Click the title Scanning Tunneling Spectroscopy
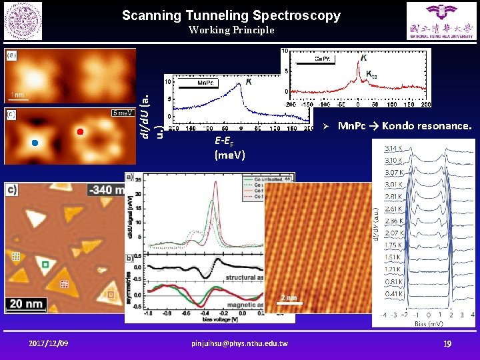[x=231, y=15]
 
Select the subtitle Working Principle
[x=231, y=30]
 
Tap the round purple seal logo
[x=23, y=21]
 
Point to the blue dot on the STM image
[x=35, y=143]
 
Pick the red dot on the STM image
[x=80, y=131]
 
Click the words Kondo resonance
[x=427, y=125]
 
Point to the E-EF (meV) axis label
[x=230, y=148]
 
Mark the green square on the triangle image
[x=45, y=265]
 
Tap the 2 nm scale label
[x=288, y=297]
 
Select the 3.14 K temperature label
[x=394, y=147]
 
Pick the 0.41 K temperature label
[x=393, y=293]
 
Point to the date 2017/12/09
[x=48, y=343]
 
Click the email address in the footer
[x=239, y=343]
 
